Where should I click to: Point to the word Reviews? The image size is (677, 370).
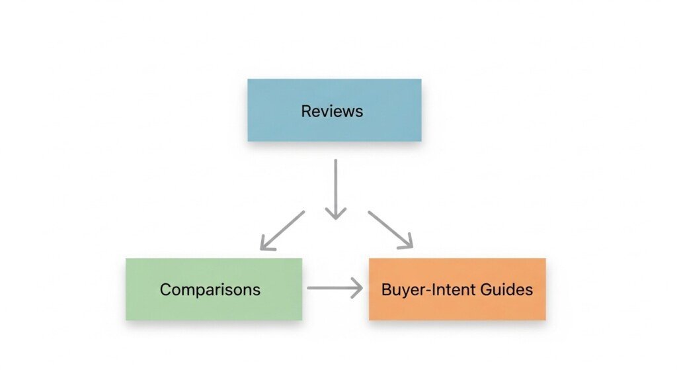(332, 111)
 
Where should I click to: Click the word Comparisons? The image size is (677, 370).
(210, 290)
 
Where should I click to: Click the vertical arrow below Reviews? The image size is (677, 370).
(336, 189)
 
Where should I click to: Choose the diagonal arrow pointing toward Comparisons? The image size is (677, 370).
(283, 230)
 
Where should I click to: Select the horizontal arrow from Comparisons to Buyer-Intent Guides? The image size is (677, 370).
(334, 288)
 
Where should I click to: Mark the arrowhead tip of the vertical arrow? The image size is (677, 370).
(336, 218)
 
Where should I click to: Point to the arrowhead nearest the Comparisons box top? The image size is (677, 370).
(263, 247)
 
